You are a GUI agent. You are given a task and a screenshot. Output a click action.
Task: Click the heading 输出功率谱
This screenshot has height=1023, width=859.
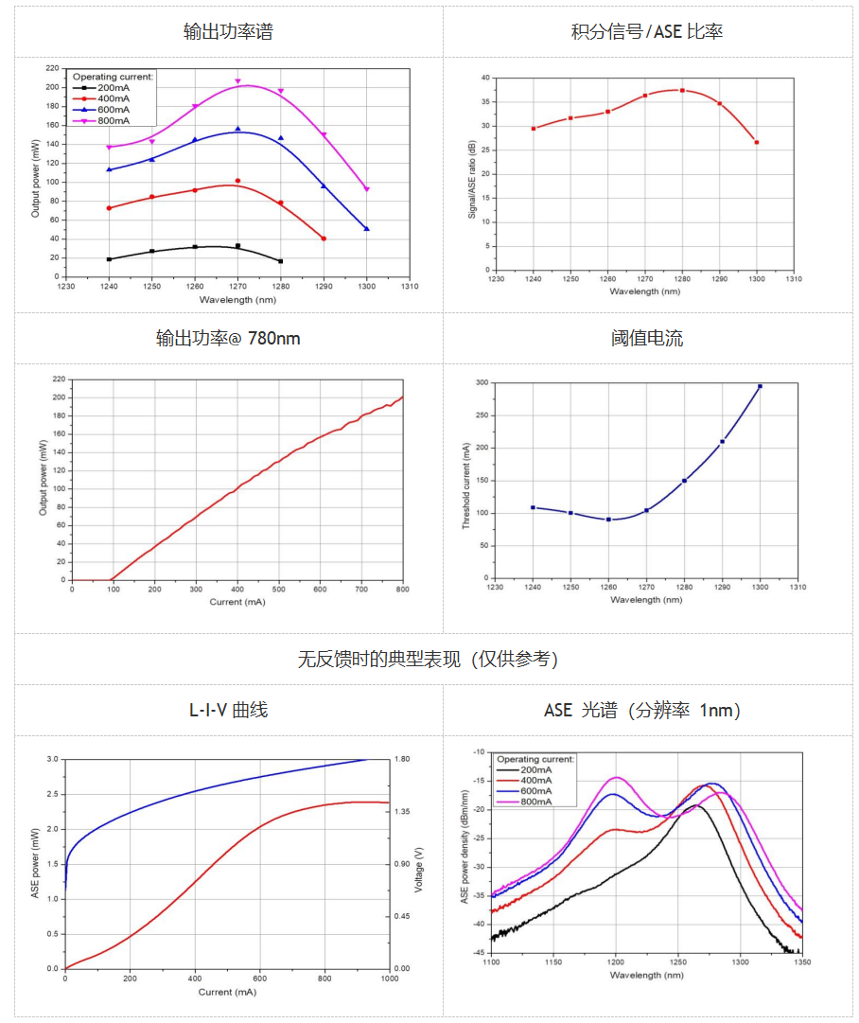point(228,31)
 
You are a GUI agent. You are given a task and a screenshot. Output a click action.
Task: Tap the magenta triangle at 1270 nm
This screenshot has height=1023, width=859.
point(237,81)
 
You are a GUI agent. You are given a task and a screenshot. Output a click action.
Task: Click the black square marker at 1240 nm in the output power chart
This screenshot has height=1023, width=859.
point(109,259)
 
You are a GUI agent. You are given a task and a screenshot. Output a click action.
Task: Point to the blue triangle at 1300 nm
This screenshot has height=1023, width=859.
point(367,229)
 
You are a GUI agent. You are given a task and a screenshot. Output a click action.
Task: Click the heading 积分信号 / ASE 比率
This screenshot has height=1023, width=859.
point(647,31)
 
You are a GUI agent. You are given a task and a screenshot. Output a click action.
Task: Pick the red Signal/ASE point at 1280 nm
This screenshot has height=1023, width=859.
point(682,91)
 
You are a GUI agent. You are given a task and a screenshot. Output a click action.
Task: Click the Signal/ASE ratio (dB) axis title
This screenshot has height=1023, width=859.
point(472,179)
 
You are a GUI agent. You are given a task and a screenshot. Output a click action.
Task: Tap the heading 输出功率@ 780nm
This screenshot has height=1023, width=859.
point(228,338)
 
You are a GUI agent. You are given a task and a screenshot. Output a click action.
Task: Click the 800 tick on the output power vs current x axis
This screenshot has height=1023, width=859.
point(403,589)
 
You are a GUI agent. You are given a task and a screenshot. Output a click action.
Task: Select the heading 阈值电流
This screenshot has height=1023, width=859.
point(647,338)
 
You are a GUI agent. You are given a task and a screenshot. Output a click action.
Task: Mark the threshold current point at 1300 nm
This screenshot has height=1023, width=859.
point(760,386)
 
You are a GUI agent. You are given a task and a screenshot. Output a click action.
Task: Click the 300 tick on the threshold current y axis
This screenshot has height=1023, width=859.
point(482,383)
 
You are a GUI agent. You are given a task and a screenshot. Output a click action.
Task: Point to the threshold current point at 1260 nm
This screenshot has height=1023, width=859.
point(608,520)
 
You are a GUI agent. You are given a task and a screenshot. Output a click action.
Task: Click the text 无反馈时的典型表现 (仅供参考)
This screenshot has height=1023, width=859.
point(428,660)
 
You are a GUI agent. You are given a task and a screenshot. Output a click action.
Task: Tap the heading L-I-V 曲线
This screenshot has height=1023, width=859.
point(228,709)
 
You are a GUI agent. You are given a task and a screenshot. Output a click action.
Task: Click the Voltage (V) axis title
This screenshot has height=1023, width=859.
point(418,864)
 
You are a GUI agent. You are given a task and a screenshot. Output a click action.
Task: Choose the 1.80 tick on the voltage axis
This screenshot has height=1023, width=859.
point(402,759)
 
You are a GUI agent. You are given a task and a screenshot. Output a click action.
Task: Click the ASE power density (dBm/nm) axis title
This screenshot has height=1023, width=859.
point(465,851)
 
